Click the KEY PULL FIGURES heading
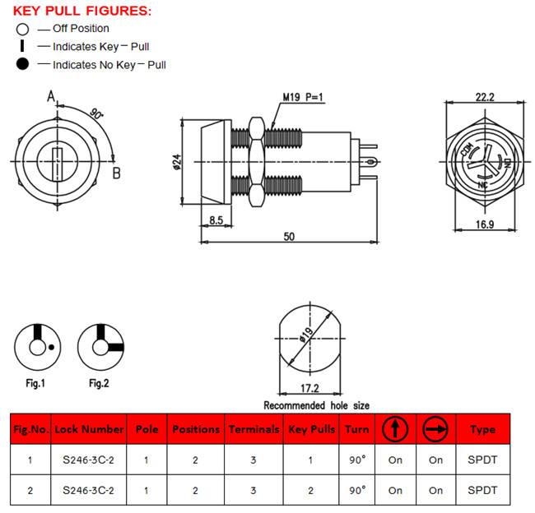coord(81,11)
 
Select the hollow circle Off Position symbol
coord(22,30)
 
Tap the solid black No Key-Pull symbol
coord(22,64)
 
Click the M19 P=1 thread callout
coord(303,97)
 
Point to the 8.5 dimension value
coord(216,220)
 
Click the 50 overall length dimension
coord(289,236)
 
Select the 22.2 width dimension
coord(485,97)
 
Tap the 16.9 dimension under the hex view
coord(485,224)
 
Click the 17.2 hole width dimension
coord(309,388)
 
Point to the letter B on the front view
coord(116,173)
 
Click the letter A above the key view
coord(51,96)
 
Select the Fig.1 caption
coord(35,383)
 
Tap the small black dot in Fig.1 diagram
coord(51,347)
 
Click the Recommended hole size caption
coord(316,405)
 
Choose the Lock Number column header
coord(89,429)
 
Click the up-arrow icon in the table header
coord(395,428)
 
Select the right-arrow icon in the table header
coord(435,428)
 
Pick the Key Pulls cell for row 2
coord(310,491)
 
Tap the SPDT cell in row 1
coord(482,460)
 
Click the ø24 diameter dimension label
coord(177,162)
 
